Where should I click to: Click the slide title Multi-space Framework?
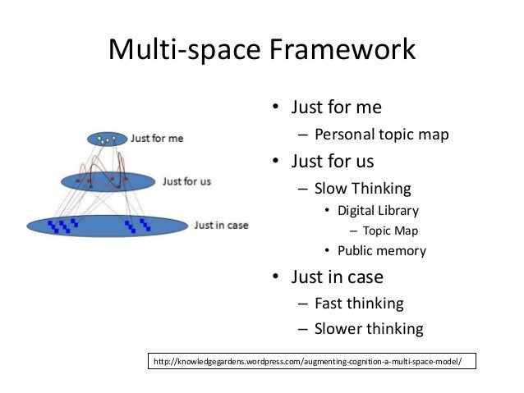point(262,50)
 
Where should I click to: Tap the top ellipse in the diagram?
point(108,139)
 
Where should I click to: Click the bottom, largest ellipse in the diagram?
point(107,225)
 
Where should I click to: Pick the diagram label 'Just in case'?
point(221,224)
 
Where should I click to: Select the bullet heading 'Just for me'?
point(337,107)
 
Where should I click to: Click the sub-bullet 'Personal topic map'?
point(381,135)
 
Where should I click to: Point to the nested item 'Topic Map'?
point(390,231)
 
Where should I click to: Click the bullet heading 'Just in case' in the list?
point(338,277)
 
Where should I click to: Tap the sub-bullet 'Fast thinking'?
point(359,304)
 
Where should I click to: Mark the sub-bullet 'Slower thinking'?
point(369,330)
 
